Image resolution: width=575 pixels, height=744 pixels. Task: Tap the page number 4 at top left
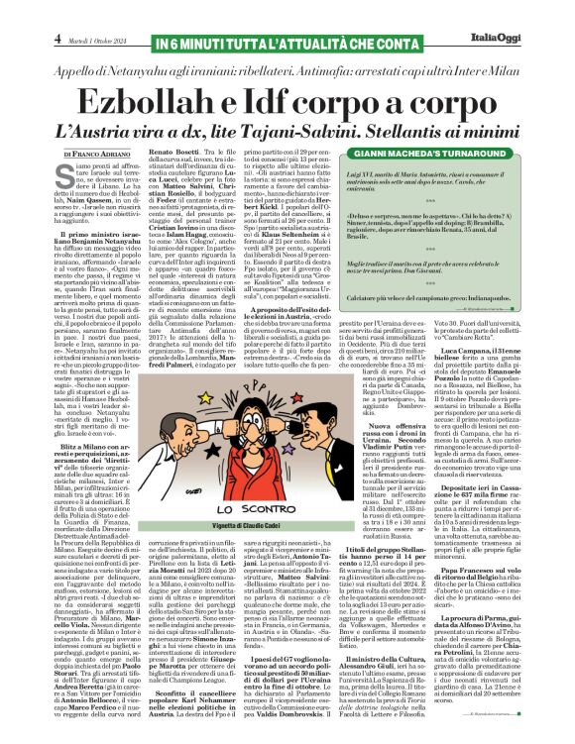13,13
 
